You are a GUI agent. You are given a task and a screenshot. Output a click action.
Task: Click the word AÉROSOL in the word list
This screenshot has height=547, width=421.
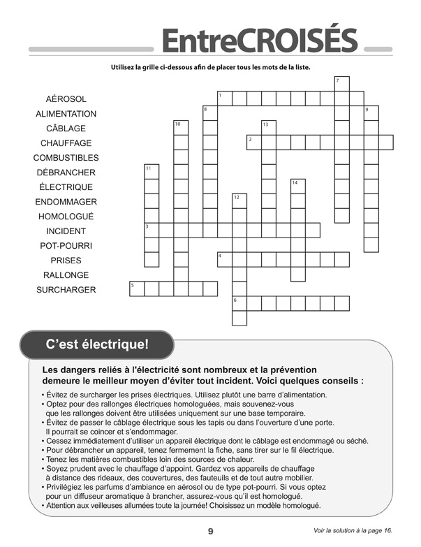[x=66, y=99]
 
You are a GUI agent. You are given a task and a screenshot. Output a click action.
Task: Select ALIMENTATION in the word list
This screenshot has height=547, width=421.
[x=66, y=114]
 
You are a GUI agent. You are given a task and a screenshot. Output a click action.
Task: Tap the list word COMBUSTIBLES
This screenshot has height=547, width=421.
[x=66, y=158]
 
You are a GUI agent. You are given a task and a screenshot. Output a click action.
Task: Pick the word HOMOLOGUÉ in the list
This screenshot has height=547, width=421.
[x=66, y=217]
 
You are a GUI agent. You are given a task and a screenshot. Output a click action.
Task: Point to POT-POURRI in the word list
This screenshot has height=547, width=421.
[x=66, y=246]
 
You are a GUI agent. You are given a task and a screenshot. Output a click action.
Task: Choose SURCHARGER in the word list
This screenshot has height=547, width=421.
[x=66, y=290]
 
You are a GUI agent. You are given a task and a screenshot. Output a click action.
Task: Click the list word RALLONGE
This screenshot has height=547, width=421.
[x=66, y=275]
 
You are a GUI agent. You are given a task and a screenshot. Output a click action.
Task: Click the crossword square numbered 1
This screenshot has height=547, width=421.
[x=225, y=98]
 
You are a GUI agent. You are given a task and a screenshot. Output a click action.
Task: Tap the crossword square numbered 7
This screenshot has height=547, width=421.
[x=341, y=83]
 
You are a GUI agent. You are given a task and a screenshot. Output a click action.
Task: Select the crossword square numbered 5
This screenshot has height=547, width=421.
[x=137, y=289]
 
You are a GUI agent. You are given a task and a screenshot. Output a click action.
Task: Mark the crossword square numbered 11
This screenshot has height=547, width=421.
[x=152, y=171]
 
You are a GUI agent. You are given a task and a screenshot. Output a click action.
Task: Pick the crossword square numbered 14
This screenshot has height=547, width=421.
[x=297, y=186]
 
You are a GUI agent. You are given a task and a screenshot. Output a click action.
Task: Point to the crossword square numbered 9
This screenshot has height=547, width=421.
[x=371, y=112]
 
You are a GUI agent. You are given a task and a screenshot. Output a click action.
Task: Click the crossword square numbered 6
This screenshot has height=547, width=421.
[x=239, y=303]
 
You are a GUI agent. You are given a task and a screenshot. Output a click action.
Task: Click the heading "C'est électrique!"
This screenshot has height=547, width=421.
[x=97, y=344]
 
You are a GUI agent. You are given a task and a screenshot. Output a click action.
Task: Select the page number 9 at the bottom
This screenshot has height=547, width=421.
[x=210, y=531]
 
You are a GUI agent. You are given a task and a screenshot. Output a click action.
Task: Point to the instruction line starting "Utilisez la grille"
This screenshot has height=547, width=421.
[x=209, y=68]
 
